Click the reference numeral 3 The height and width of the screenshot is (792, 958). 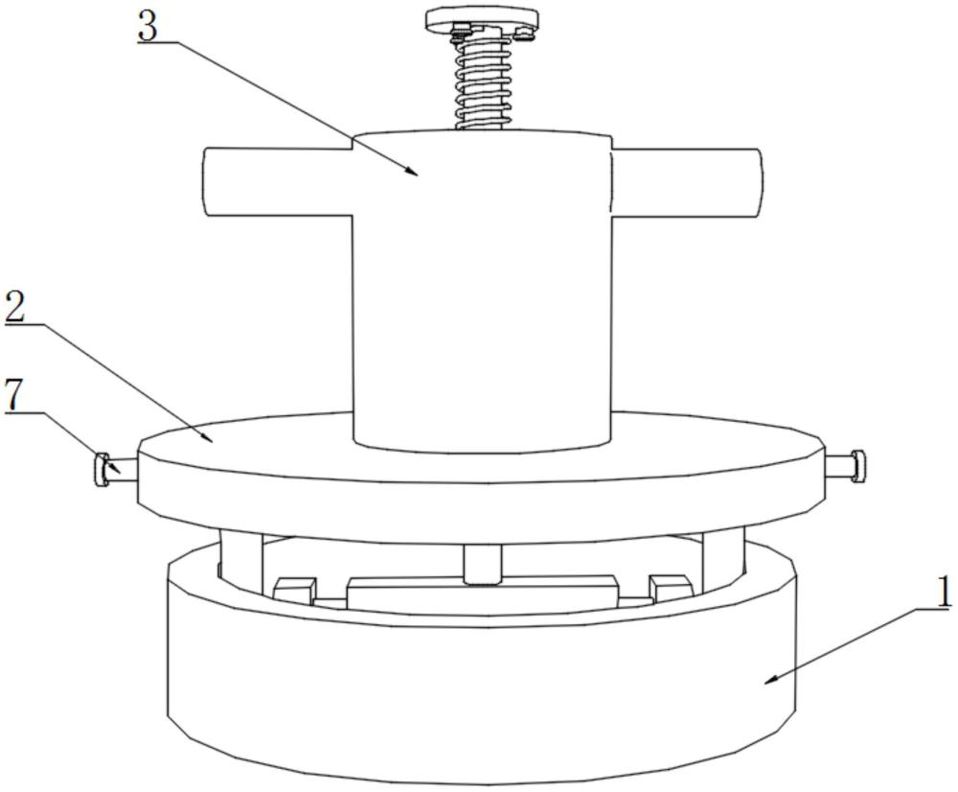[x=148, y=27]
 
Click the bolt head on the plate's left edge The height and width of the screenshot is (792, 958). [x=102, y=470]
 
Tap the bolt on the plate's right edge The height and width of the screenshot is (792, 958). [x=856, y=466]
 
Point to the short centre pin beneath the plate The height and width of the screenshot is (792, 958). [x=482, y=564]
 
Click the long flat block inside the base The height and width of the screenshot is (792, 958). [x=482, y=591]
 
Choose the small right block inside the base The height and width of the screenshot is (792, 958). [x=669, y=585]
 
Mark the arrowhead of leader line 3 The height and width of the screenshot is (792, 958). [x=414, y=173]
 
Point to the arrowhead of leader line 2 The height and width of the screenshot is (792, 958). [x=208, y=440]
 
